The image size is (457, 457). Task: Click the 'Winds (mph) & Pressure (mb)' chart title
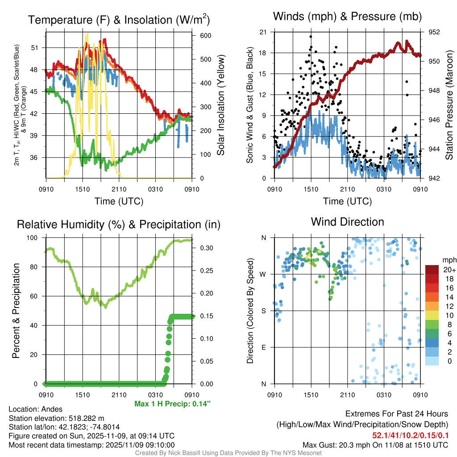click(348, 17)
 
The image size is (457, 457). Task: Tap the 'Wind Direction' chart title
click(347, 222)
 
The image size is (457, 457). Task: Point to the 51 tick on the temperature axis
click(39, 48)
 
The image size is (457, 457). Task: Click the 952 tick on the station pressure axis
click(434, 32)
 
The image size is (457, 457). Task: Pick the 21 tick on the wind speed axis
click(263, 32)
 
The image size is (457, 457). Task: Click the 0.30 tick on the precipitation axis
click(204, 248)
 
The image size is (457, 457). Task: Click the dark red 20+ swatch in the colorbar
click(432, 270)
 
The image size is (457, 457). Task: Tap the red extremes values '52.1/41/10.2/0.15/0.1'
click(410, 435)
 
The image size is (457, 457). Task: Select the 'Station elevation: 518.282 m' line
click(56, 418)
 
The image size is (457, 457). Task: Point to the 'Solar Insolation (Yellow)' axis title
click(221, 105)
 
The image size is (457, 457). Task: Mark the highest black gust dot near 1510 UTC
click(310, 37)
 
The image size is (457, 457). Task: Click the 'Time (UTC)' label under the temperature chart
click(119, 201)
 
